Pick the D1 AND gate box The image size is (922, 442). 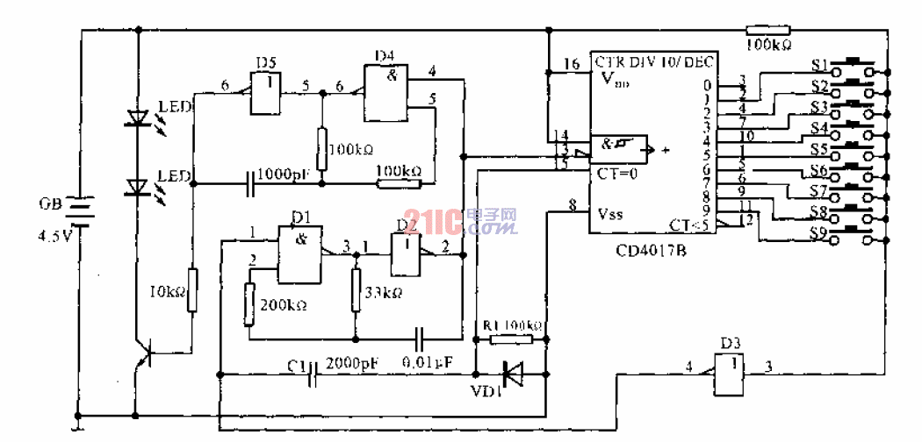[x=299, y=254]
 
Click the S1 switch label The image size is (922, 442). [x=819, y=65]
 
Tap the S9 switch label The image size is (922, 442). [x=819, y=233]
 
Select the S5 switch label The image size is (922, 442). [x=819, y=148]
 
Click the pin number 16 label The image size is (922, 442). [x=572, y=65]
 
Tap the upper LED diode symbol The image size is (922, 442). [x=137, y=118]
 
